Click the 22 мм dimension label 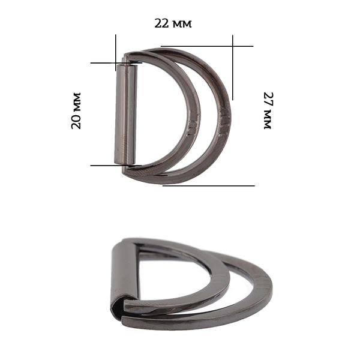pyautogui.click(x=173, y=23)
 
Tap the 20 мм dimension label pyautogui.click(x=76, y=110)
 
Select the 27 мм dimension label pyautogui.click(x=268, y=110)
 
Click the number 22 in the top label pyautogui.click(x=161, y=23)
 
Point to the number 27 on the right pyautogui.click(x=268, y=100)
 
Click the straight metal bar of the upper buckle pyautogui.click(x=126, y=115)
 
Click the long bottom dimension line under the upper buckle pyautogui.click(x=208, y=185)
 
